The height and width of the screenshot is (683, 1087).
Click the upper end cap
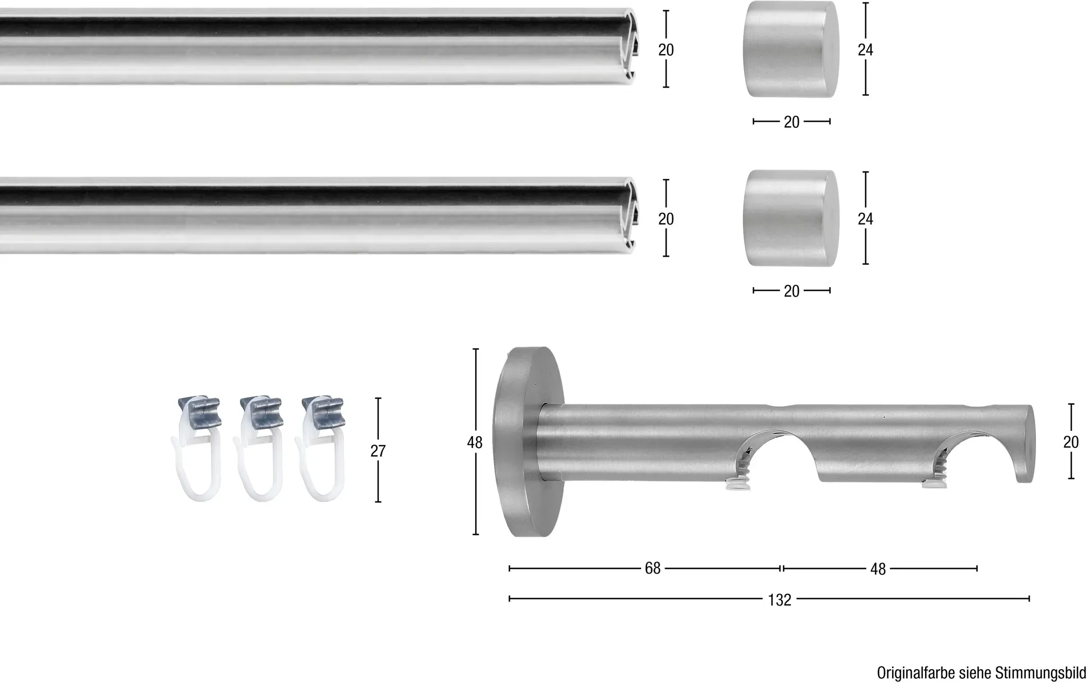point(792,49)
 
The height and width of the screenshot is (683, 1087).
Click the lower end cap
point(792,218)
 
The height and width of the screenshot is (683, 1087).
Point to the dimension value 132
point(780,600)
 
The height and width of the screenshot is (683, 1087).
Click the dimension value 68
point(652,568)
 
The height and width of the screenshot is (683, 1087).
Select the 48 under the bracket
point(878,569)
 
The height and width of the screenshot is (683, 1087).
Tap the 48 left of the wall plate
point(475,442)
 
